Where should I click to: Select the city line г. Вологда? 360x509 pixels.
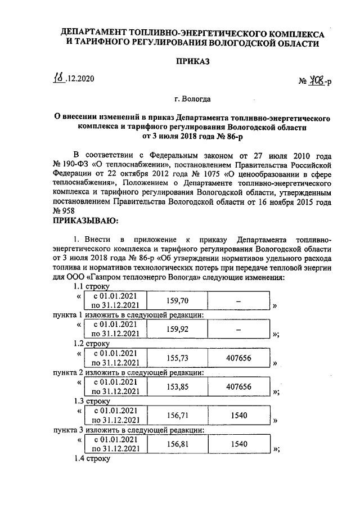pos(192,100)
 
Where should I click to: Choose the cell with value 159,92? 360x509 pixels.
pos(178,329)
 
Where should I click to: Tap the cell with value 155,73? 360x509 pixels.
pos(178,359)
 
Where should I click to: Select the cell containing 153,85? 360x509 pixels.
pos(178,387)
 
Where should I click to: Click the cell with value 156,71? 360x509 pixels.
pos(178,416)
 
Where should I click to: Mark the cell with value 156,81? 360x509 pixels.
pos(178,444)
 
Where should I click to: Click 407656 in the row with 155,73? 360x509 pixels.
pos(238,359)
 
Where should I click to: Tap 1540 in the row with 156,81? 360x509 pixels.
pos(238,444)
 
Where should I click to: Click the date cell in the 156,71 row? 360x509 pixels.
pos(115,416)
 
